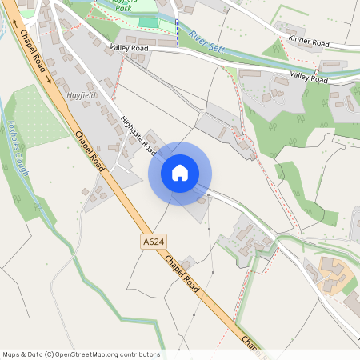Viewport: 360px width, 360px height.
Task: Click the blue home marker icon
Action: coord(180,172)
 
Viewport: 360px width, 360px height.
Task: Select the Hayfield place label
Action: coord(82,94)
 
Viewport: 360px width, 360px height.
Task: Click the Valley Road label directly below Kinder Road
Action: coord(309,78)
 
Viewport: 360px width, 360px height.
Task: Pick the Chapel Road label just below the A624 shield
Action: coord(184,274)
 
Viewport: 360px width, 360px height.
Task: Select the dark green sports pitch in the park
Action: coord(149,22)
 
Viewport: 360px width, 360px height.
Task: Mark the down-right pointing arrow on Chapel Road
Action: coord(49,79)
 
